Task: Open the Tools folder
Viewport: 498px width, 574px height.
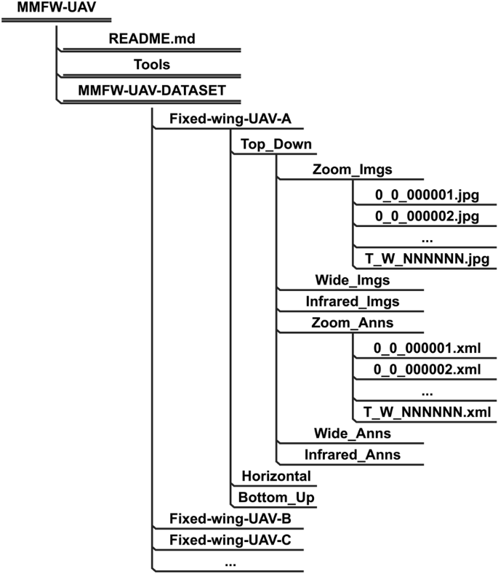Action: click(151, 64)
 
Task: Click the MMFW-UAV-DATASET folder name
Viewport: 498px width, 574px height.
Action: click(151, 90)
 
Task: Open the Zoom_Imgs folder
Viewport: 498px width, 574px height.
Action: click(353, 170)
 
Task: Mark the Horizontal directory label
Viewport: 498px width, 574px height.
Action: click(276, 476)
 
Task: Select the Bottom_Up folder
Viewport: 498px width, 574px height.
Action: click(276, 498)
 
